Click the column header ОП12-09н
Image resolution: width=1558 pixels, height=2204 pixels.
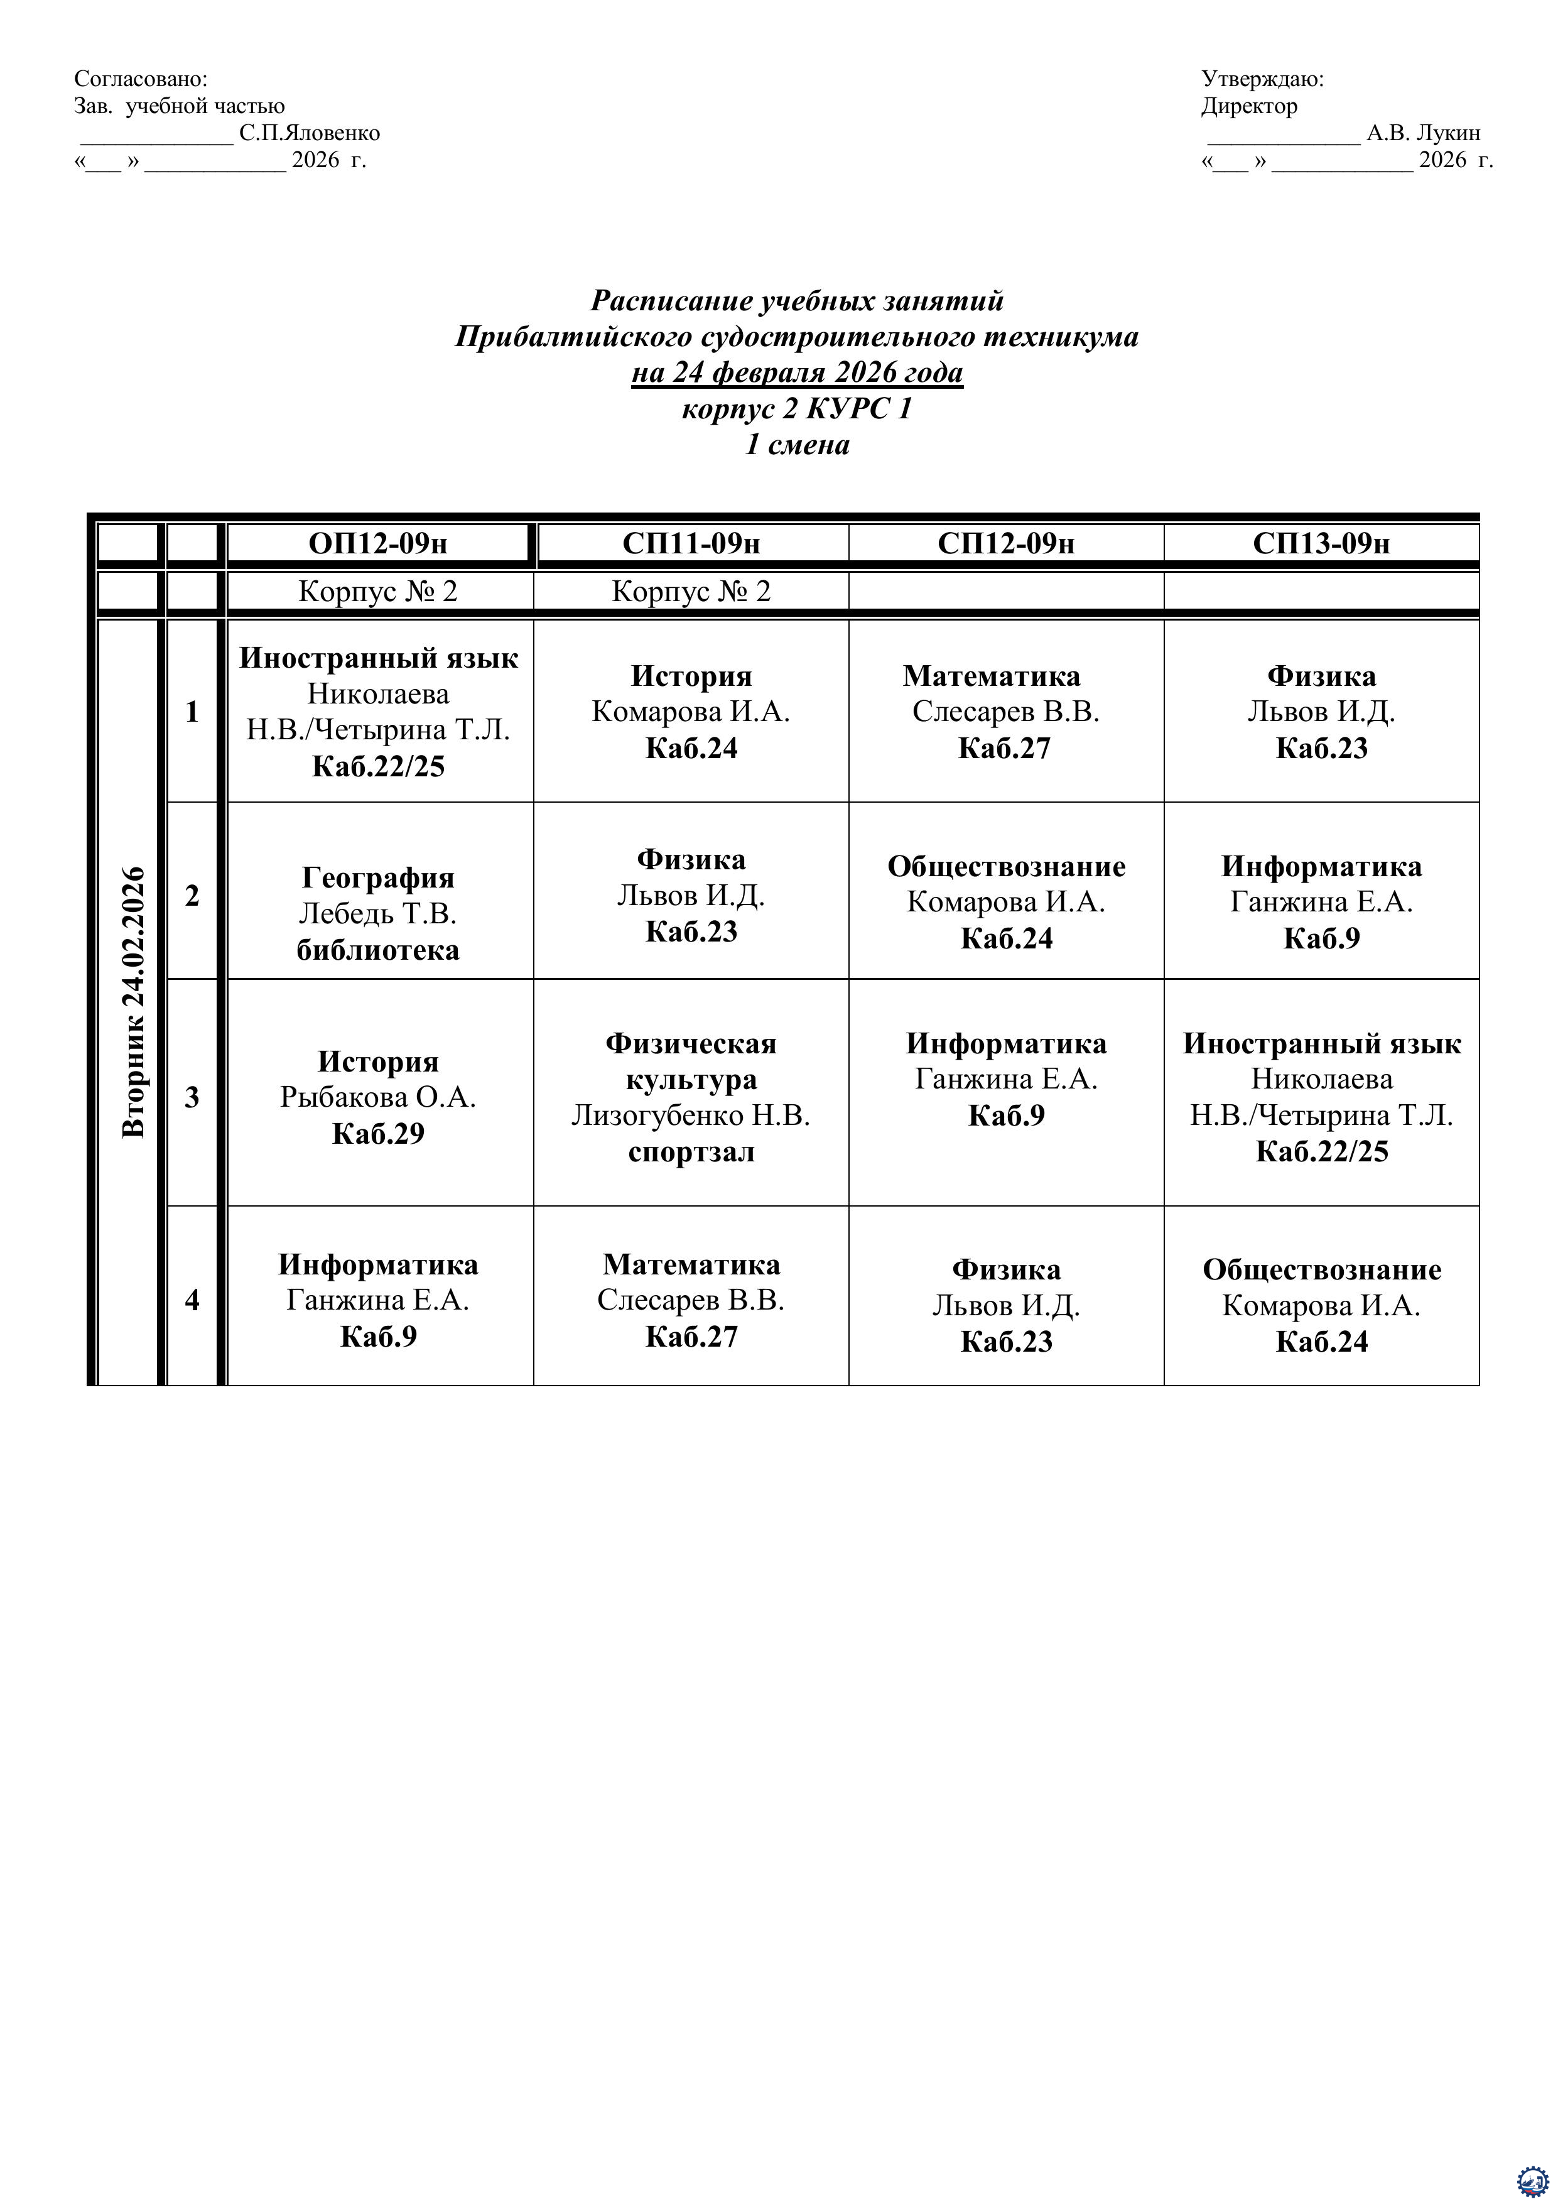tap(378, 543)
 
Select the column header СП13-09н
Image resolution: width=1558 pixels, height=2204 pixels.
tap(1321, 543)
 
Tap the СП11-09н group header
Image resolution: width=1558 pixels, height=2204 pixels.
tap(691, 543)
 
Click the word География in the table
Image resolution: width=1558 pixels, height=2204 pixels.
tap(378, 877)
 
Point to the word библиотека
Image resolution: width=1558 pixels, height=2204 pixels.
tap(378, 950)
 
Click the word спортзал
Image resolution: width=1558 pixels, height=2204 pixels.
tap(691, 1152)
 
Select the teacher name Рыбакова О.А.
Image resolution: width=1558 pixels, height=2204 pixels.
tap(378, 1097)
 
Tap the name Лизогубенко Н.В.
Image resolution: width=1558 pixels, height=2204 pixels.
tap(691, 1116)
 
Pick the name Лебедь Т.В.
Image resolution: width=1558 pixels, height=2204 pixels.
tap(378, 914)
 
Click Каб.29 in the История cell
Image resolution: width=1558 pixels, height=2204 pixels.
tap(378, 1134)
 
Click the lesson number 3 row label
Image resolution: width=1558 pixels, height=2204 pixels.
tap(192, 1097)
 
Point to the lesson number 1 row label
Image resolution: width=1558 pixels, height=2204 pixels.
tap(192, 711)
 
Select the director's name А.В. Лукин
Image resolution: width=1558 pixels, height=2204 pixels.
tap(1422, 133)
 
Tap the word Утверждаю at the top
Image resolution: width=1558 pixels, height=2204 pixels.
tap(1262, 79)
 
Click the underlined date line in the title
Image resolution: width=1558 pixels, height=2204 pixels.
tap(797, 372)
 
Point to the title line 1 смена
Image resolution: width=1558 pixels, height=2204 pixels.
tap(797, 445)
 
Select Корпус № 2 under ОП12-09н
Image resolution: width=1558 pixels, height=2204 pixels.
tap(378, 591)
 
